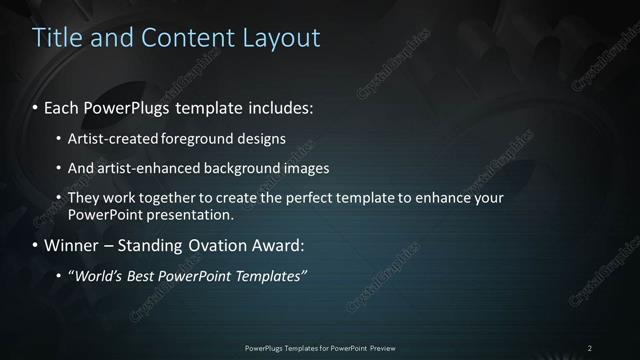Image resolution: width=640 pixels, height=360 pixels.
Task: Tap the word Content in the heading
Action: point(189,38)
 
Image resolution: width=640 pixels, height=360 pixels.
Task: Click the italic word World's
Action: point(96,276)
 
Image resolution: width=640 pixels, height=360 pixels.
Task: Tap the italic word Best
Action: point(145,276)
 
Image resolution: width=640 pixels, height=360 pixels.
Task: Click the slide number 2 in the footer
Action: point(590,348)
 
